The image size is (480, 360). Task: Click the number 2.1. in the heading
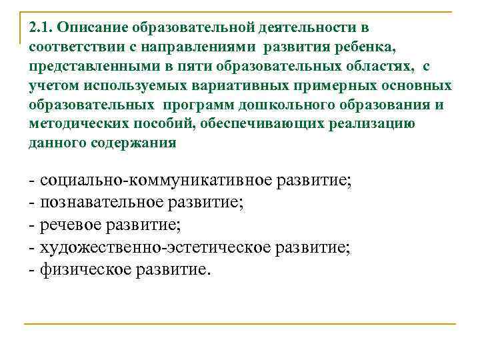pyautogui.click(x=41, y=29)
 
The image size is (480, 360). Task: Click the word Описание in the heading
pyautogui.click(x=93, y=29)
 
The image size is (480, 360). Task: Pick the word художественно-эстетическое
pyautogui.click(x=155, y=248)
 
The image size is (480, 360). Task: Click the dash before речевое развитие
pyautogui.click(x=32, y=225)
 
